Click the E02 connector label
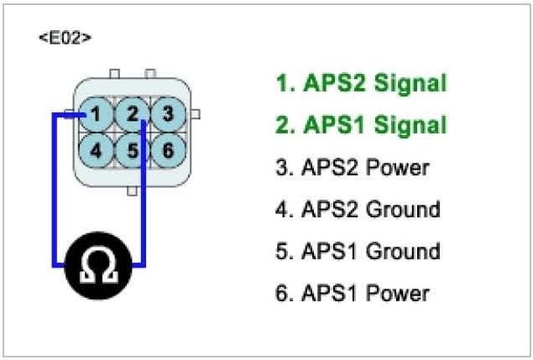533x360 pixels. click(65, 39)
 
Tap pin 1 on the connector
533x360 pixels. click(98, 112)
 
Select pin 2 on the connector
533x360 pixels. click(133, 112)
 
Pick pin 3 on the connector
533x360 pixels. click(167, 112)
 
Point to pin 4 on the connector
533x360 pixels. click(98, 150)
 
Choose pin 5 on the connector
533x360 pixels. click(133, 150)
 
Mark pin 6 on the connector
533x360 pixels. click(167, 150)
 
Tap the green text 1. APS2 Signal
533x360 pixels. click(361, 83)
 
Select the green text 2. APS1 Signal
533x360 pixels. click(361, 125)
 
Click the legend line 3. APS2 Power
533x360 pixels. click(352, 167)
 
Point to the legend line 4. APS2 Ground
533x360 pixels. click(357, 209)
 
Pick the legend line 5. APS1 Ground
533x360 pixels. click(357, 251)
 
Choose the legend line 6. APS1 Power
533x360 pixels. click(352, 293)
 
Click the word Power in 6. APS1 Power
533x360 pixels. click(398, 293)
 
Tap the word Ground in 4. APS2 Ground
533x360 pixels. click(403, 209)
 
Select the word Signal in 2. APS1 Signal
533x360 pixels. click(410, 125)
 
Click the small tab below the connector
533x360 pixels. click(132, 190)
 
